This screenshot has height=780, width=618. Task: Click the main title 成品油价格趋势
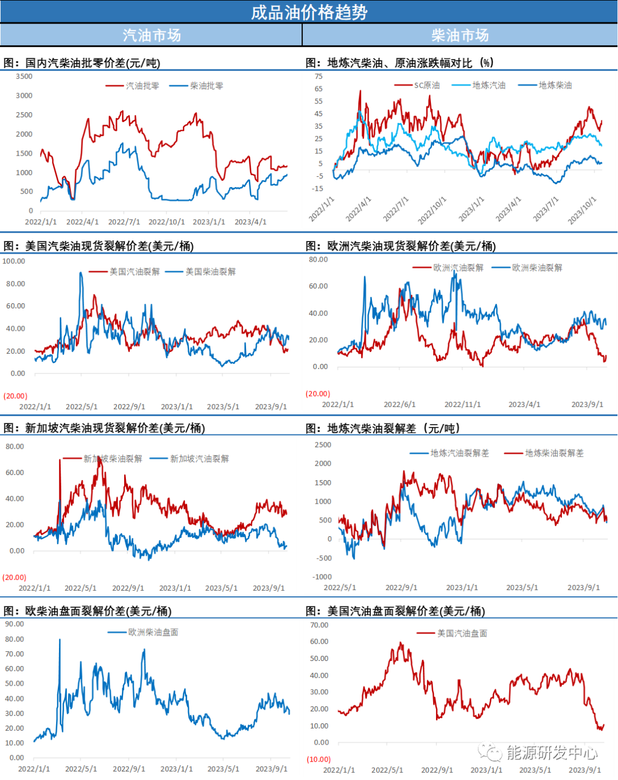pos(309,12)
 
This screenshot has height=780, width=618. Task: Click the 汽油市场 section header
pos(152,35)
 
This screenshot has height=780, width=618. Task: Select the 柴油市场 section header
pos(460,35)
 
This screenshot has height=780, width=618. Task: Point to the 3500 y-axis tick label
pos(24,76)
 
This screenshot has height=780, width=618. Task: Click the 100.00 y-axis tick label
pos(14,261)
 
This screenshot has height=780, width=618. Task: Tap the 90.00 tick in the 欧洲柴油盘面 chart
pos(14,624)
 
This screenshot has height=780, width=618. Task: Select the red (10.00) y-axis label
pos(319,759)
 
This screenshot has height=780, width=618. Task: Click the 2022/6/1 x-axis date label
pos(399,404)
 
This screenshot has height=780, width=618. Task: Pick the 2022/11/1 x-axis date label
pos(462,404)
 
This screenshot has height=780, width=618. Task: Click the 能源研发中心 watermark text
pos(552,752)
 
